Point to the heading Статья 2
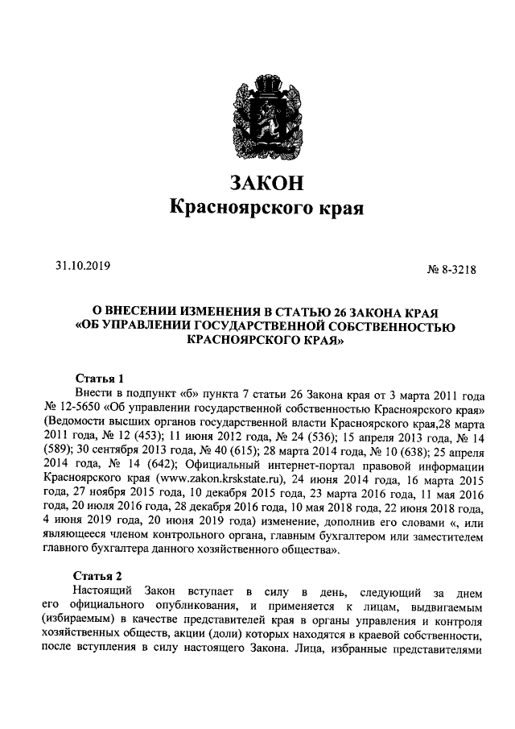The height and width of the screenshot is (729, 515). click(98, 576)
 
